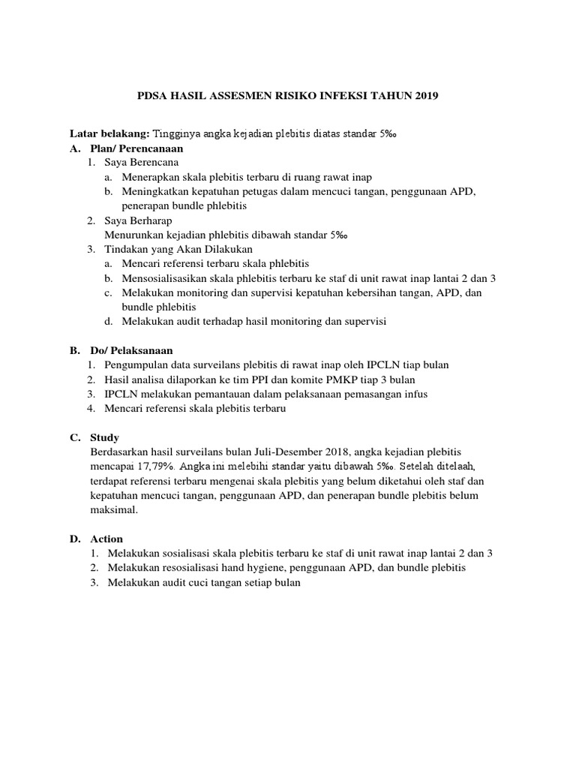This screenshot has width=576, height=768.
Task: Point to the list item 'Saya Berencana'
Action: [143, 162]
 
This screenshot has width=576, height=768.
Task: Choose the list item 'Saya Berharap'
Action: [139, 220]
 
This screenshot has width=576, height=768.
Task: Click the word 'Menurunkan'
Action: [134, 235]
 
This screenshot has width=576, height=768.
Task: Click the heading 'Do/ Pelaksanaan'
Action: [131, 350]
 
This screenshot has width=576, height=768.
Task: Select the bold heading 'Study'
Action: [104, 437]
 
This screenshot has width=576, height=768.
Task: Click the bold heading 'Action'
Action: [106, 538]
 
